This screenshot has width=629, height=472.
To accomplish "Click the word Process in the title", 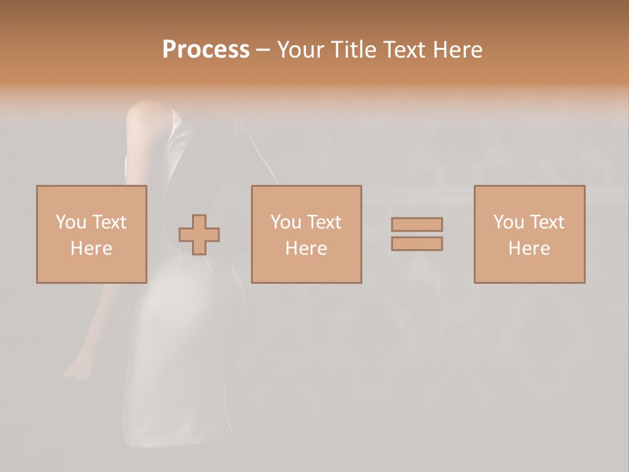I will click(206, 50).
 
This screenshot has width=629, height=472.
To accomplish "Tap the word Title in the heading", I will click(353, 50).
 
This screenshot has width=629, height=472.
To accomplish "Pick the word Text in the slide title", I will click(403, 50).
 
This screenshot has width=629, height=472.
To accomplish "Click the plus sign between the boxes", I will click(199, 235).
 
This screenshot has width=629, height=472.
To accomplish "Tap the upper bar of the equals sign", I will click(417, 224).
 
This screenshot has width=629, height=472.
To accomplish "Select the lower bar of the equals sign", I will click(417, 244).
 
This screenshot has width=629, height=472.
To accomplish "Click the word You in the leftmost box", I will click(71, 222).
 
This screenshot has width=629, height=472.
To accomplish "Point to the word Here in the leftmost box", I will click(91, 248).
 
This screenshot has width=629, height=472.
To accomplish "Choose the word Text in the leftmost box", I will click(108, 222).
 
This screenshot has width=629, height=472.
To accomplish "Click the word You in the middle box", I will click(286, 222).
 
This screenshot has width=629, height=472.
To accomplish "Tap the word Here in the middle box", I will click(306, 248).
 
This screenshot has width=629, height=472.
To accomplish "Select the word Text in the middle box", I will click(323, 222).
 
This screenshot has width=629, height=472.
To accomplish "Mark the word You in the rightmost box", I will click(508, 222).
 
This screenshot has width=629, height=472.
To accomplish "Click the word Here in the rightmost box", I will click(529, 248).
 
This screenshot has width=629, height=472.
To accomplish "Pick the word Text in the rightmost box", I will click(546, 222).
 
